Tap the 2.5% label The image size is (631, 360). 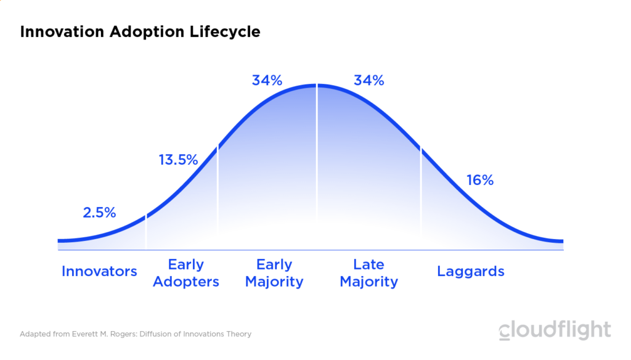click(99, 213)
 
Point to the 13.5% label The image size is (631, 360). click(178, 160)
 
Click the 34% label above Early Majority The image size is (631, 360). click(267, 80)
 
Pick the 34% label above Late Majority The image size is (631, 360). click(368, 80)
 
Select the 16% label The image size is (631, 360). click(480, 180)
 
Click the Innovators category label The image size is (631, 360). click(99, 271)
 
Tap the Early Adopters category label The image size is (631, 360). click(185, 273)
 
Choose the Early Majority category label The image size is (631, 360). click(274, 273)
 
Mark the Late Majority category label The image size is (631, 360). click(368, 273)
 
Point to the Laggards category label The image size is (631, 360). click(470, 271)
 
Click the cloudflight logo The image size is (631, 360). click(555, 330)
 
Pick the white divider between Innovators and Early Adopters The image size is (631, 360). click(146, 232)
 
